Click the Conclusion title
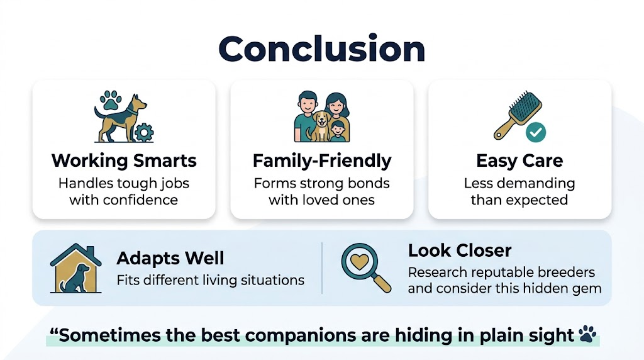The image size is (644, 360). [321, 48]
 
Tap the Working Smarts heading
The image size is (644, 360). [124, 160]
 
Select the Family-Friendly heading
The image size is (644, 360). [321, 160]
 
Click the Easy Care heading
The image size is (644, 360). [519, 160]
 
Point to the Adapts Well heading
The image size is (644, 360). [170, 258]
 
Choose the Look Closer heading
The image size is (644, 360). [459, 250]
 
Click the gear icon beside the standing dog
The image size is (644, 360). [145, 132]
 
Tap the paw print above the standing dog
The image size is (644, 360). [112, 100]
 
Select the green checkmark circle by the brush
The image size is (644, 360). [536, 132]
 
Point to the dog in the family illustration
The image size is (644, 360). [321, 125]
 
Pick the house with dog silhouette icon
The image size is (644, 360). [76, 269]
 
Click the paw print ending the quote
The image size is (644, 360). [587, 334]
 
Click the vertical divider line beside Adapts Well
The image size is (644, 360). [321, 267]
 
